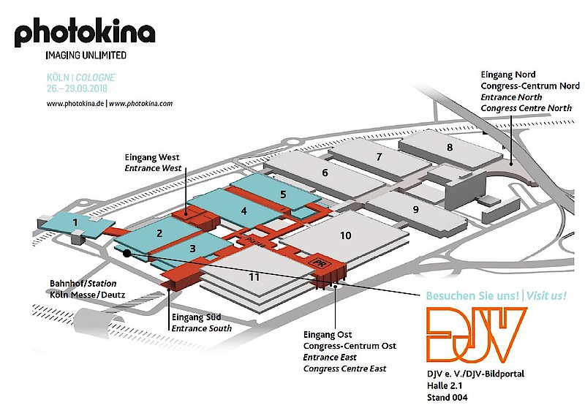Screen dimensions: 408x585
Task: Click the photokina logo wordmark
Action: click(85, 34)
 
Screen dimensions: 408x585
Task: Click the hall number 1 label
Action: click(74, 221)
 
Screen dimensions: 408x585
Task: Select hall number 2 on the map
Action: click(158, 234)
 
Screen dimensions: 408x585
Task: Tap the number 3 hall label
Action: click(192, 249)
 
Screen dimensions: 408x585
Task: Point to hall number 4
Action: click(244, 211)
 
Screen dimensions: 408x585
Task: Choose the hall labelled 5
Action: click(282, 194)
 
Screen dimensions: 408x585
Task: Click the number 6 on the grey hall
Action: click(324, 173)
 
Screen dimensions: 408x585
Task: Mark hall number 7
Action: click(379, 156)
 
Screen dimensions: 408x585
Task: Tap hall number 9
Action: click(415, 210)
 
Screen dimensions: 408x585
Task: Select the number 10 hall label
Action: click(346, 235)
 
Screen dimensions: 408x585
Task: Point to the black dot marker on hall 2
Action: click(127, 253)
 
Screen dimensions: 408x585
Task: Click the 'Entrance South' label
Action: click(202, 328)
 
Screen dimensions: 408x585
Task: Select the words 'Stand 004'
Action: click(449, 398)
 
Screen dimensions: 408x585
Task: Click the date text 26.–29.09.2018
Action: click(76, 88)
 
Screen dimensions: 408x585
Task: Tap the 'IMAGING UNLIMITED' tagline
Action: click(86, 55)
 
